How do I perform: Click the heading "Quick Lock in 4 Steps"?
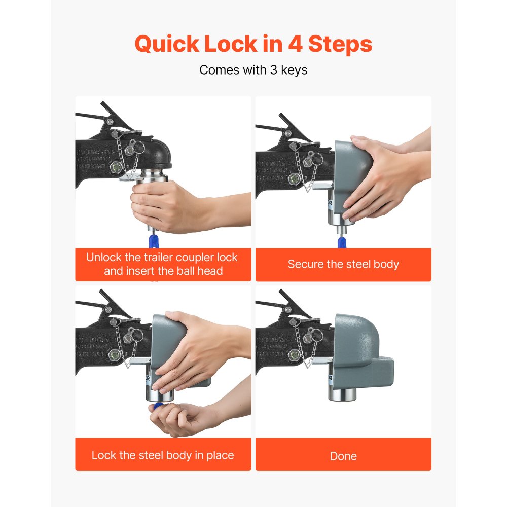click(x=253, y=45)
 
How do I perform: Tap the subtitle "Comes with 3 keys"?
click(x=253, y=70)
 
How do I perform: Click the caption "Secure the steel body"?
click(x=343, y=264)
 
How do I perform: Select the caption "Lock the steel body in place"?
click(x=163, y=455)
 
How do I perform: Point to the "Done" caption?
click(x=343, y=456)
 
